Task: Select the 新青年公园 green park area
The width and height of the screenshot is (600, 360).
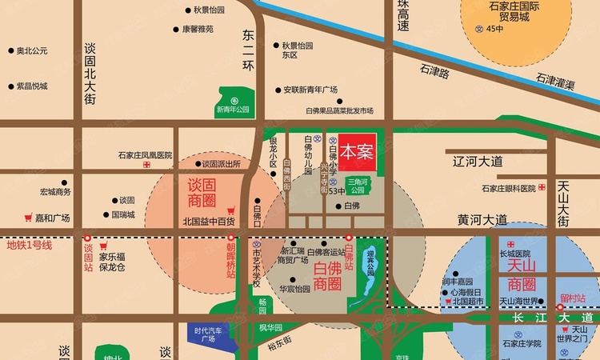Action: click(233, 99)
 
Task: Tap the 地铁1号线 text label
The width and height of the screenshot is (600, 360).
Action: click(29, 245)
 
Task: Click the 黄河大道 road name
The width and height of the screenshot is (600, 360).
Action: click(482, 219)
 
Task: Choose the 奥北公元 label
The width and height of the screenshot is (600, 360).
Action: click(33, 50)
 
